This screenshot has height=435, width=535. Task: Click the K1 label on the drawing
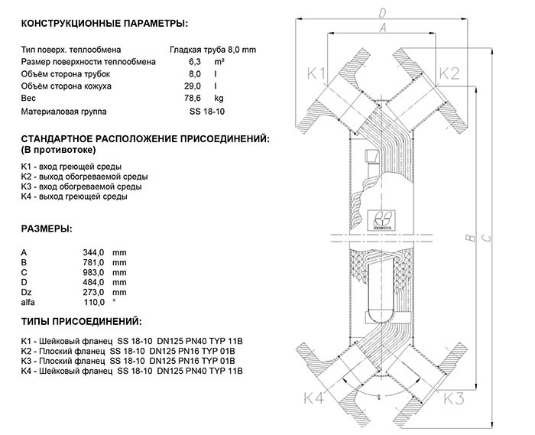click(x=316, y=73)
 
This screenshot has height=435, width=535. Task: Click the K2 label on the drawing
click(x=449, y=73)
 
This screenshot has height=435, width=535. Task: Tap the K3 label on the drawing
click(x=454, y=398)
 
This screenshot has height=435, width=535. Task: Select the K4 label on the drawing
click(x=313, y=398)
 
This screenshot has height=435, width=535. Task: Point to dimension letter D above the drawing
click(x=382, y=13)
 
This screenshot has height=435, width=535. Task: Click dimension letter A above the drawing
click(x=383, y=28)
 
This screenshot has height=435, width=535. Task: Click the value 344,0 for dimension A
click(x=93, y=253)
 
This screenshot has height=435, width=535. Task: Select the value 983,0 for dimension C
click(x=93, y=273)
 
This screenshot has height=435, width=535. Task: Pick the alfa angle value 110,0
click(x=94, y=302)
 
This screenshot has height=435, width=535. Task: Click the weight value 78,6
click(x=193, y=99)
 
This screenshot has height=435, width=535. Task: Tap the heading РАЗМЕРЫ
click(x=47, y=229)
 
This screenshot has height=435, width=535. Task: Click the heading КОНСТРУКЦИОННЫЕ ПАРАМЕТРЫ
click(x=105, y=24)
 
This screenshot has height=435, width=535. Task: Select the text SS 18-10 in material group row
click(x=207, y=112)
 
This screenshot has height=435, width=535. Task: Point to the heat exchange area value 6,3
click(x=195, y=62)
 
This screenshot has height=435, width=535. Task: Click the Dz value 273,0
click(x=93, y=292)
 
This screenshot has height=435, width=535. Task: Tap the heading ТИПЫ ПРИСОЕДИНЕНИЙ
click(x=81, y=321)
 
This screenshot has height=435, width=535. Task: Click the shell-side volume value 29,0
click(x=193, y=86)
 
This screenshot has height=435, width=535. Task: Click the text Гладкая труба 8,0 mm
click(x=213, y=50)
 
